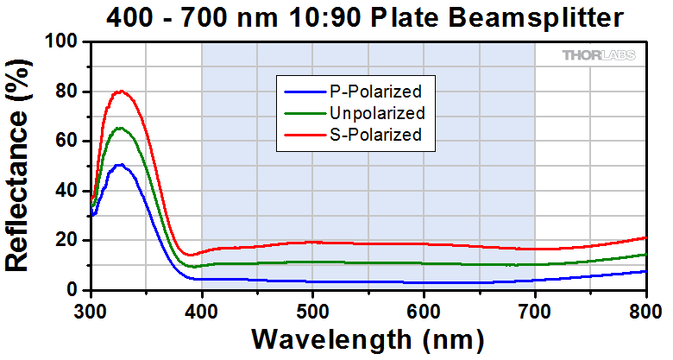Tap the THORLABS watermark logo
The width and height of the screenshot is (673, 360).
coord(599,55)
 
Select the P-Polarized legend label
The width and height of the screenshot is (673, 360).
coord(375,91)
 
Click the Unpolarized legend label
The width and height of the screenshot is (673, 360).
coord(377,113)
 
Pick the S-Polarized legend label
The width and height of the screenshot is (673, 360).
coord(375,135)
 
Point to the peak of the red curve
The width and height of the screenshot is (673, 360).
coord(120,91)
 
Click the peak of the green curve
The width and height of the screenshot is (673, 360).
coord(120,128)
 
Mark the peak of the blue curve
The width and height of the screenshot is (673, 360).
coord(120,164)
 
